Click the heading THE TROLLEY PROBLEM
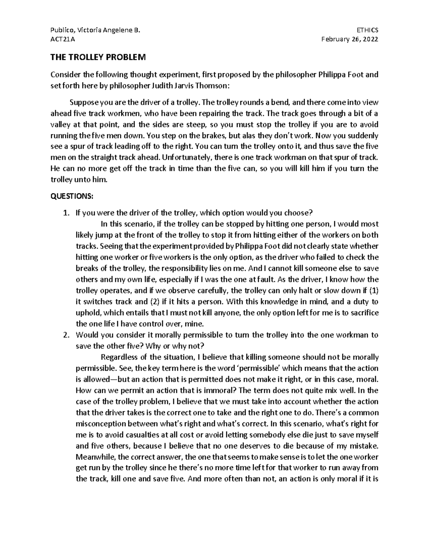[x=98, y=57]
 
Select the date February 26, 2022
[x=350, y=40]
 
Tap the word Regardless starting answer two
[x=119, y=357]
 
